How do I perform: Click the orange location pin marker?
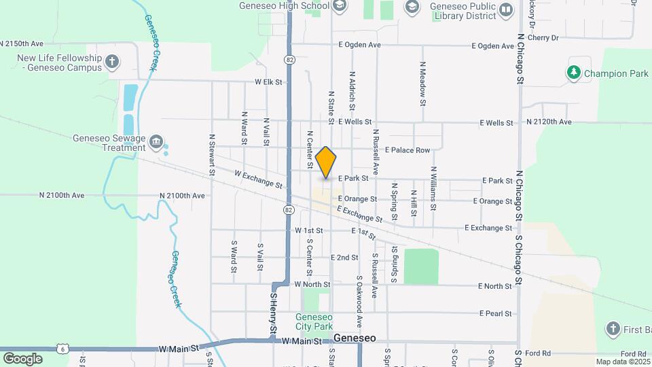[x=326, y=162]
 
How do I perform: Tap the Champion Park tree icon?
[x=574, y=73]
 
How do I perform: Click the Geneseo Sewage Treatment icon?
[x=157, y=142]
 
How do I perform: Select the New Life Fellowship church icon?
[x=113, y=63]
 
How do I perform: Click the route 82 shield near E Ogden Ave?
[x=289, y=60]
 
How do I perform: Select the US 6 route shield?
[x=63, y=347]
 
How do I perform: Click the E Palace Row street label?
[x=407, y=150]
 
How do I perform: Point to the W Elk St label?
[x=268, y=82]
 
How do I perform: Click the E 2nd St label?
[x=344, y=258]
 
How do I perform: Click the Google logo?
[x=22, y=358]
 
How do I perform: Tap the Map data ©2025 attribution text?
[x=621, y=362]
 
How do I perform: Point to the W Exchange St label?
[x=258, y=179]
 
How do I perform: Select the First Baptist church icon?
[x=613, y=330]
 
